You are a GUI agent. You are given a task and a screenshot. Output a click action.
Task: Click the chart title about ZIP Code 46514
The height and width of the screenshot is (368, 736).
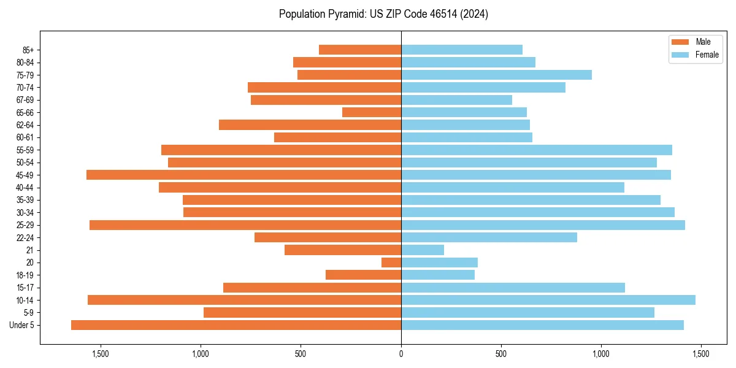tap(383, 14)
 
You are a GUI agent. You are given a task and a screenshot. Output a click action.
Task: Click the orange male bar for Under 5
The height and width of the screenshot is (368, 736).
tap(236, 325)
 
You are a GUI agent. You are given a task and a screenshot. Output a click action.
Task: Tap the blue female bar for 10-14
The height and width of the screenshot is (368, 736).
tap(548, 300)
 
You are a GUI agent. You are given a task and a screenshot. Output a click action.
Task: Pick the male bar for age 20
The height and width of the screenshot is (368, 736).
tap(391, 263)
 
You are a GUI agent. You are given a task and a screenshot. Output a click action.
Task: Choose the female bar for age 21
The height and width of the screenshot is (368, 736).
tap(423, 250)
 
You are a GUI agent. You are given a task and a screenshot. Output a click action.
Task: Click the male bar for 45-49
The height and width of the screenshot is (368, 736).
tap(243, 175)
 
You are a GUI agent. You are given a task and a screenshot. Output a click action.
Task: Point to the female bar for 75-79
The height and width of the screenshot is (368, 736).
tap(496, 75)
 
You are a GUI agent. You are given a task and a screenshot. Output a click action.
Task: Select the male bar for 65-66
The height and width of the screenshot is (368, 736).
tap(372, 112)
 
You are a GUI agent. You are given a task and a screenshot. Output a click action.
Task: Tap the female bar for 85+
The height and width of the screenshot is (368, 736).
tap(462, 50)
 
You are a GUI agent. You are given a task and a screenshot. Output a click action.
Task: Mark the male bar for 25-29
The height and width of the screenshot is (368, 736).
tap(245, 225)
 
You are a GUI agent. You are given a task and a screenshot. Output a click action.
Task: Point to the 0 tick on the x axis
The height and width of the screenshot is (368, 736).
tap(401, 354)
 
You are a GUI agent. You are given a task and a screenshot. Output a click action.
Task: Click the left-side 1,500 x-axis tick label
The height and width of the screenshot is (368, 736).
tap(101, 354)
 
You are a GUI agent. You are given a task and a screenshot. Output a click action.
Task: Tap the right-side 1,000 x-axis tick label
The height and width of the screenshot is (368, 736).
tap(601, 354)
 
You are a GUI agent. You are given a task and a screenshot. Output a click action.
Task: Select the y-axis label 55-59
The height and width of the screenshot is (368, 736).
tap(25, 150)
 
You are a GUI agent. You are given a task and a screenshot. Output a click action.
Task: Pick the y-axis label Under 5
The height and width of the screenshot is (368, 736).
tap(22, 325)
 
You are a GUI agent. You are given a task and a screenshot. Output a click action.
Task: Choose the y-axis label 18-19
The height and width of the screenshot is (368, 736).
tap(25, 275)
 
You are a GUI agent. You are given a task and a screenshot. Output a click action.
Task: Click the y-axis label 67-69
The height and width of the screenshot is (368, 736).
tap(25, 100)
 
